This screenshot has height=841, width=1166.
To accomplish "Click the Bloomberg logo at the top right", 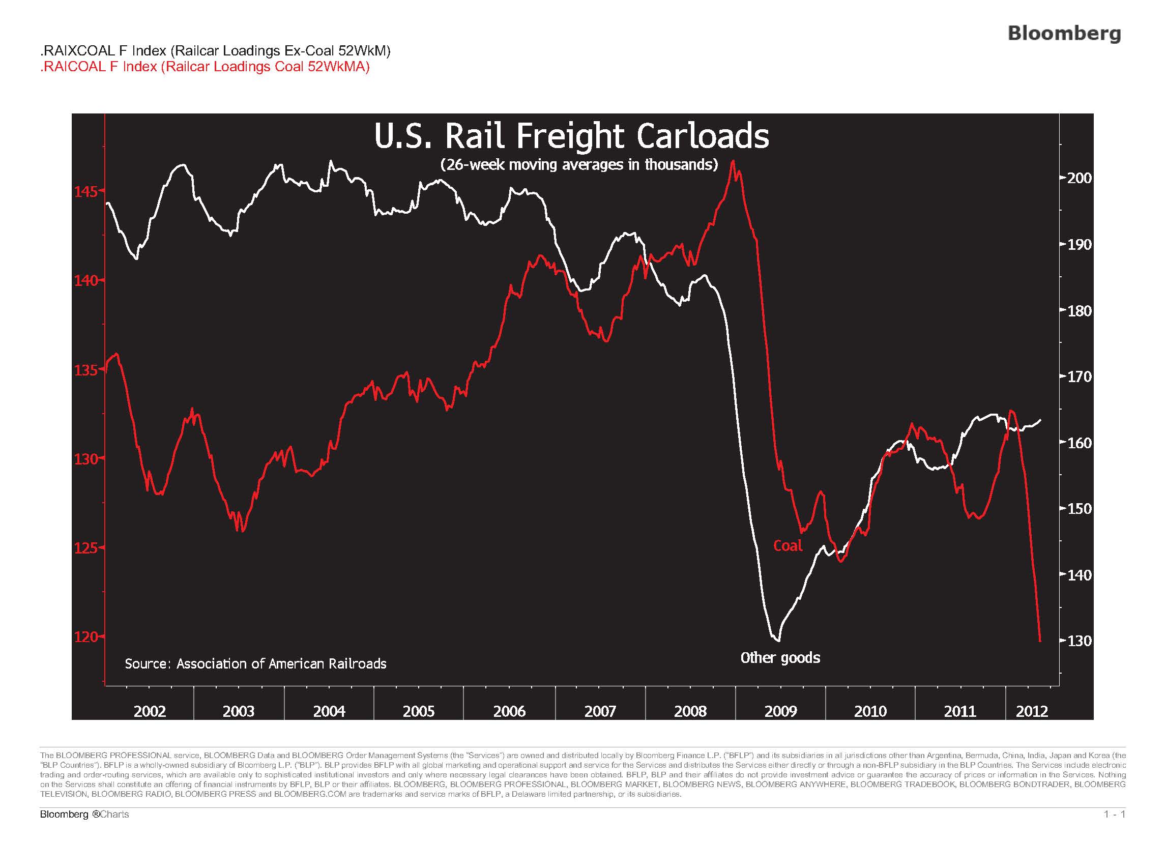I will pos(1064,33).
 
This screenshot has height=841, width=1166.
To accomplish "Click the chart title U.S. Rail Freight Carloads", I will pos(571,137).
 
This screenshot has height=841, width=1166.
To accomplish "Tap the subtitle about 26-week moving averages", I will pos(579,164).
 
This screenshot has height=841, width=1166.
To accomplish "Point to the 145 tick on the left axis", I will pos(86,192).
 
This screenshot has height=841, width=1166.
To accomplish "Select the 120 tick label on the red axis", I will pos(86,637).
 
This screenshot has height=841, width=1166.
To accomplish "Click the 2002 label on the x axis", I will pos(150,711).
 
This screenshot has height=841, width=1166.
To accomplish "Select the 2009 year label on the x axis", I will pos(780,711).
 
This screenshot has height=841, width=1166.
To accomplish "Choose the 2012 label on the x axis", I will pos(1032,711).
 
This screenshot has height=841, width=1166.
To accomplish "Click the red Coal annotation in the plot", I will pos(788,546).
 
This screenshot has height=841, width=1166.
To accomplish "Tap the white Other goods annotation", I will pos(780,658).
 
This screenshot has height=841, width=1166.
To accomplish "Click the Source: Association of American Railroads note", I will pos(255,664).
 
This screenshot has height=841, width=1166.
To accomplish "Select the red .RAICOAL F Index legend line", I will pos(205,67).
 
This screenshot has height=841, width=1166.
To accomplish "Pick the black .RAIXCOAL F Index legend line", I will pos(215,51).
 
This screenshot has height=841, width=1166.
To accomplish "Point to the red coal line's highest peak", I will pos(733,161).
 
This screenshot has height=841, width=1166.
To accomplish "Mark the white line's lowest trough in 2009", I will pos(778,641).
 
